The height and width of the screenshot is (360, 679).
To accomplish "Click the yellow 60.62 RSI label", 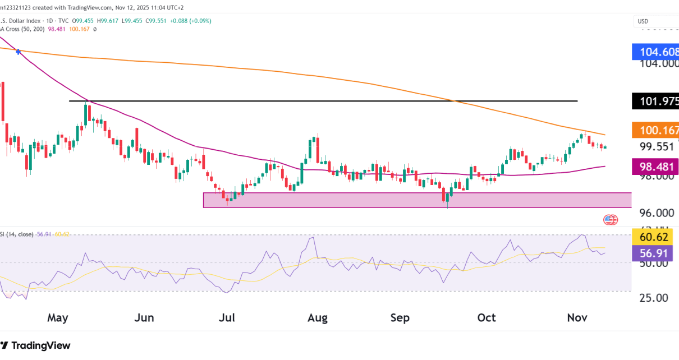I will point(655,237).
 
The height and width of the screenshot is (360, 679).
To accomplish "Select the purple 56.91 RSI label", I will point(655,253).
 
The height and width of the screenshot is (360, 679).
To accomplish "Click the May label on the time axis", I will point(57,318).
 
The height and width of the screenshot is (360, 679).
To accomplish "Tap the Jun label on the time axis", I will point(144,318).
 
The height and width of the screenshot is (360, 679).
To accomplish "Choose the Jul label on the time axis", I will point(227,318).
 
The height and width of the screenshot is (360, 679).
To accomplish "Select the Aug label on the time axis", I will point(318,318).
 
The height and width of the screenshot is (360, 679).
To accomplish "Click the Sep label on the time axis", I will point(400,318).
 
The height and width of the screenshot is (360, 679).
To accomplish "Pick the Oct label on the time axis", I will point(486,318).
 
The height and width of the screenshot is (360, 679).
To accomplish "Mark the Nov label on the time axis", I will point(577,318).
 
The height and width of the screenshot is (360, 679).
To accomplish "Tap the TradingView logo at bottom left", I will point(36,345).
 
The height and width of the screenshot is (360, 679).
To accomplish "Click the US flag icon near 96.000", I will point(610,220).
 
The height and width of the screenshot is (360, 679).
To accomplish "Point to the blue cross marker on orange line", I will point(20,51).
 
